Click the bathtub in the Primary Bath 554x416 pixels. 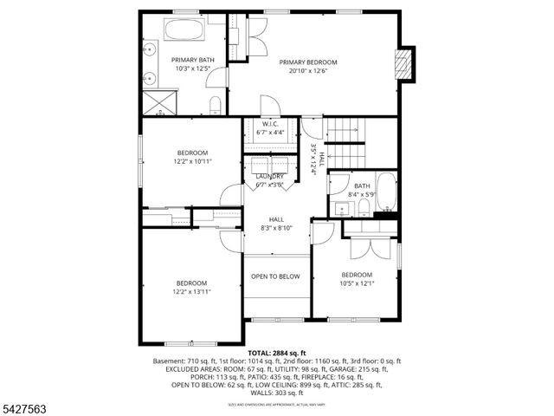pos(183,32)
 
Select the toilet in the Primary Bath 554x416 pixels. pos(216,106)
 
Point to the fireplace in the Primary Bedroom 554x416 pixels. pos(403,64)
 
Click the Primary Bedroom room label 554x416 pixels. pos(307,62)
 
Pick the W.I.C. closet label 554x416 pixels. pos(269,125)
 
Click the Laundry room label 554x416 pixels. pos(269,177)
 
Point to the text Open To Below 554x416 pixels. pos(275,276)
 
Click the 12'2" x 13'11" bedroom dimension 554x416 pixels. pos(192,292)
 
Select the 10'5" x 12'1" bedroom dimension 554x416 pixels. pos(356,283)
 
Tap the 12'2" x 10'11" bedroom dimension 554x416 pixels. pos(192,161)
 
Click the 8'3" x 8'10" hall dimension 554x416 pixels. pos(276,228)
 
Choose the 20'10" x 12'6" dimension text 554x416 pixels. pos(307,71)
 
